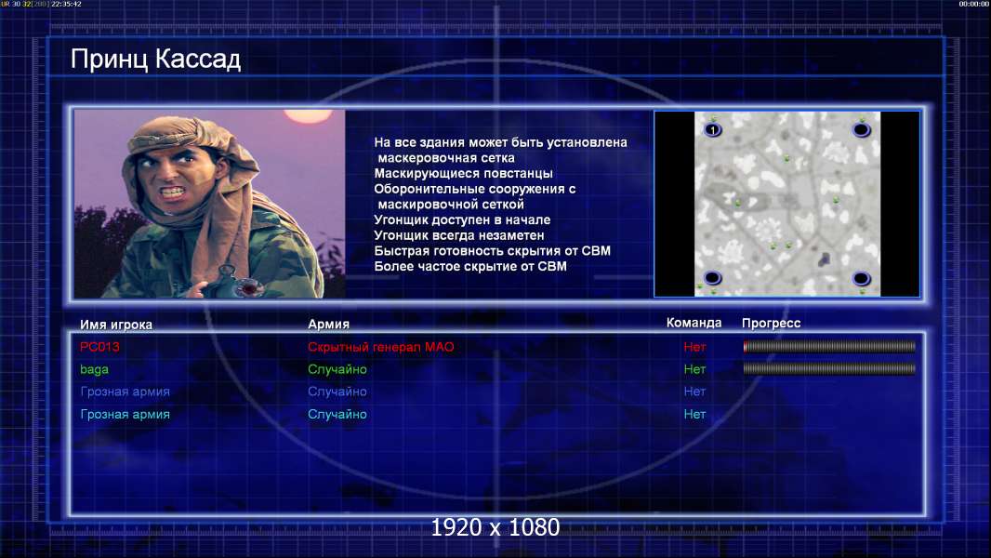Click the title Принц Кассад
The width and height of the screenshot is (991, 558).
[155, 60]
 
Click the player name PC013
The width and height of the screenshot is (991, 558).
[99, 347]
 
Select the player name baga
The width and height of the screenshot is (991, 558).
[94, 370]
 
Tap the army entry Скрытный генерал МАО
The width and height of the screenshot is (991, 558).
[380, 347]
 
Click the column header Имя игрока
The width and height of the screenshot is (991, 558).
[115, 325]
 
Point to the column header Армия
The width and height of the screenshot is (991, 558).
[329, 325]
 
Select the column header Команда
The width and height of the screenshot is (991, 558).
[694, 323]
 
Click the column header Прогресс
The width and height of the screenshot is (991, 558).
[771, 324]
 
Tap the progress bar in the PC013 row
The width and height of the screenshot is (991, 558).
[829, 346]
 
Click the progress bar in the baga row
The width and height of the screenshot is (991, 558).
[829, 368]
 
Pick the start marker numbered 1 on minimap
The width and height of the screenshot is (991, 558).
[712, 130]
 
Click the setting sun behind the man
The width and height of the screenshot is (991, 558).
[308, 115]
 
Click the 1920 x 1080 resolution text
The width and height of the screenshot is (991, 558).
[495, 527]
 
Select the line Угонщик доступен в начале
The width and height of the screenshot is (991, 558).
[462, 219]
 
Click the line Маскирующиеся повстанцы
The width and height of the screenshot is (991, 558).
[463, 173]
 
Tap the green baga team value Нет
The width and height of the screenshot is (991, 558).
[694, 369]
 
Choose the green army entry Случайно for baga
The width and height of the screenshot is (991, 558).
[337, 369]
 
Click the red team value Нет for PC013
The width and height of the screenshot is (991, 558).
[694, 347]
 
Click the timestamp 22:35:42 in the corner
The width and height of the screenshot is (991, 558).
[66, 4]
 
